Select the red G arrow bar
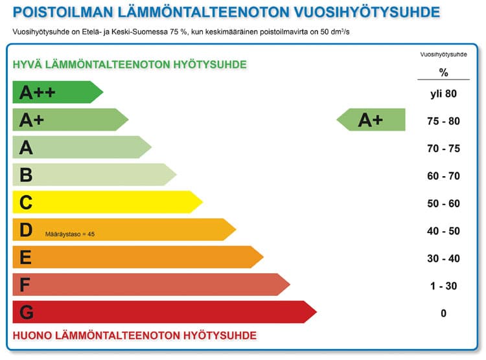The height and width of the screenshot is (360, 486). coord(162,313)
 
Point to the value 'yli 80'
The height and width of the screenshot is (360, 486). coord(443,93)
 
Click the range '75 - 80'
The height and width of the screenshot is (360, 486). coord(443,121)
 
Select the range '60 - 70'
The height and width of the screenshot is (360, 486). coord(443,175)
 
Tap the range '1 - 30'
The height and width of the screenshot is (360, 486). coord(443,286)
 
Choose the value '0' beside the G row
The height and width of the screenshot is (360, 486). coord(443,313)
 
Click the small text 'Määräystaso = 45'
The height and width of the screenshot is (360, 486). coord(70,234)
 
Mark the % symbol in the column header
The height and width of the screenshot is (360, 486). coord(443,73)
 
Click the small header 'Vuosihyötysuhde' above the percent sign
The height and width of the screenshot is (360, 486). coord(443,55)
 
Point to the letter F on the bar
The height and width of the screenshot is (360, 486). coord(25,285)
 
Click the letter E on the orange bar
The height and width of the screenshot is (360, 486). coord(25,258)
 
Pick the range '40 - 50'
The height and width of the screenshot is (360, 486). coord(443,231)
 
